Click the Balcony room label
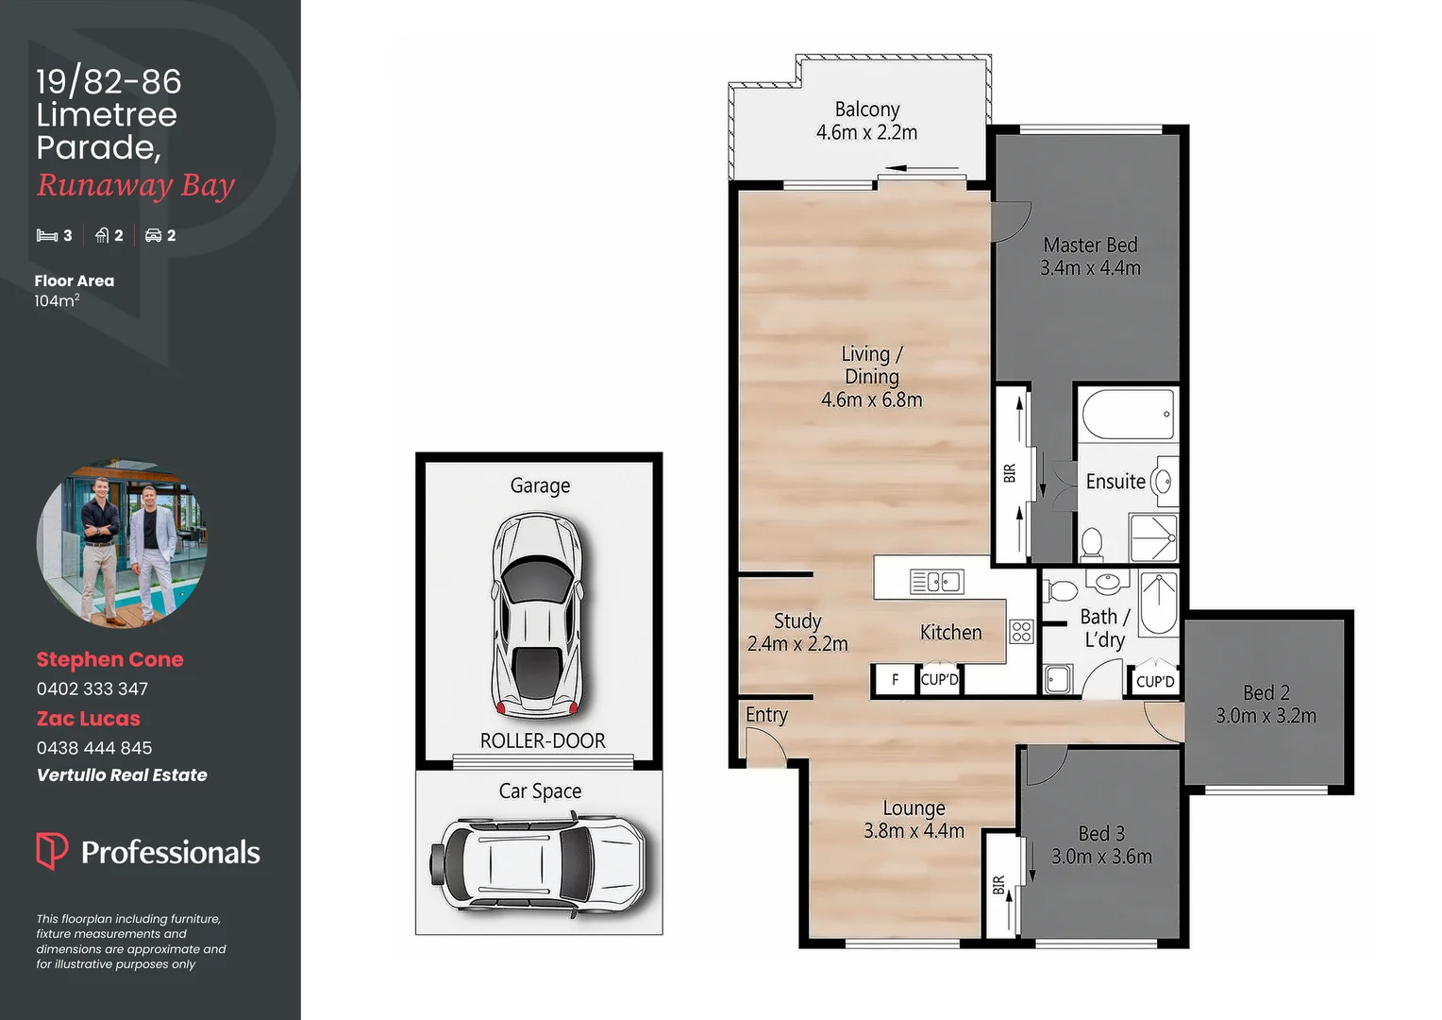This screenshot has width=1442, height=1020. point(866,110)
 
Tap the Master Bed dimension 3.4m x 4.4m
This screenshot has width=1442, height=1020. point(1090,268)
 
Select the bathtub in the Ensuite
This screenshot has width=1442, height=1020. point(1128,414)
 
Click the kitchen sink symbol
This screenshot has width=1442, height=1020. point(936,582)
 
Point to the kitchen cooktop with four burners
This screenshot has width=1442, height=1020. point(1021,631)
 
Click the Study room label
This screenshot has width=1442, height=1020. point(797,620)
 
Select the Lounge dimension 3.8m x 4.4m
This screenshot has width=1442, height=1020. point(914,831)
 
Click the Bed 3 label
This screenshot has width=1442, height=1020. point(1101,833)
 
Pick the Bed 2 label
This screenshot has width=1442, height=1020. point(1266,692)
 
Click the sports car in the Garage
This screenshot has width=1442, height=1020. point(539,614)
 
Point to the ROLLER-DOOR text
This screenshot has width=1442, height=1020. point(543,740)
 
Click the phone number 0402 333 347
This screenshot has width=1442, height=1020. point(92,689)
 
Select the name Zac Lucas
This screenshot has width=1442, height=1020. point(88,719)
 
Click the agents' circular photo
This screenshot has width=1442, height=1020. point(121,544)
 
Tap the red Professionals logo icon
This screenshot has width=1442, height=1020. point(51,850)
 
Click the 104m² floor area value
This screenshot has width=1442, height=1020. point(57,300)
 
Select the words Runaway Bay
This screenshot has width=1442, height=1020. point(135,185)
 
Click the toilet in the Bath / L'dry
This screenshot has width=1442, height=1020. point(1063,591)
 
